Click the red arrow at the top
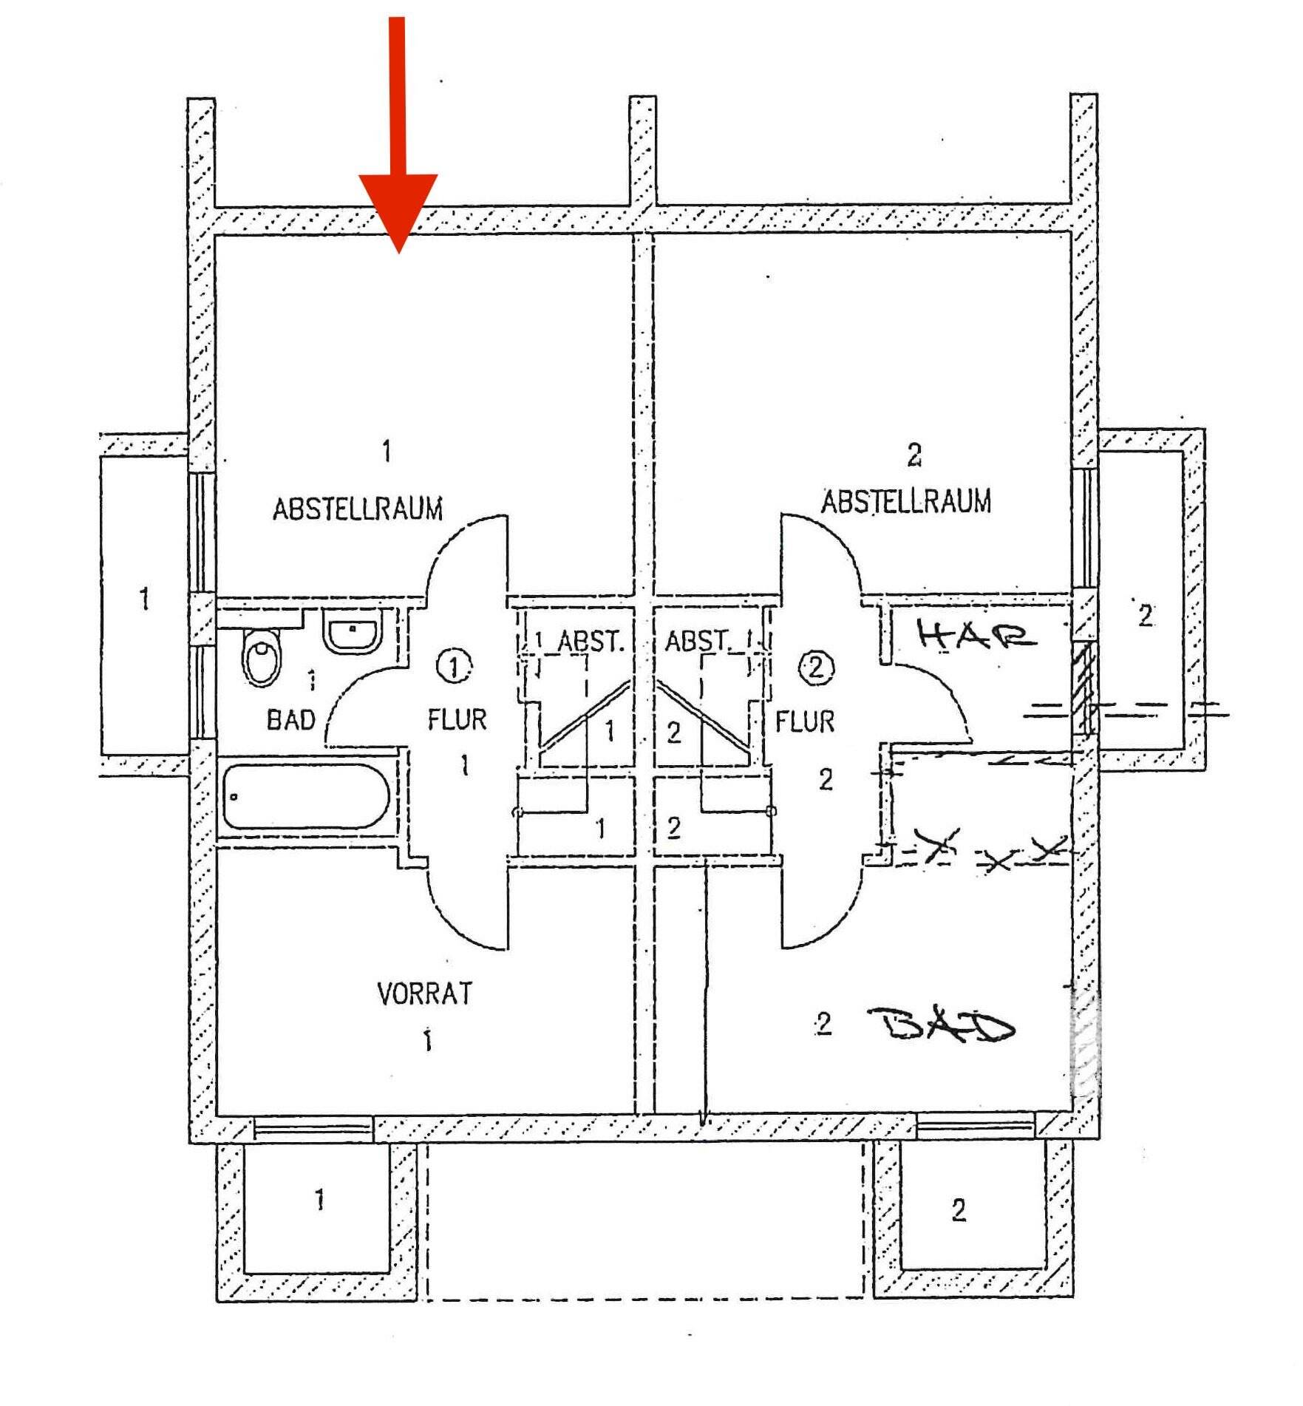coord(398,148)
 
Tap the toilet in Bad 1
coord(262,657)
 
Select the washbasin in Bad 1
coord(353,631)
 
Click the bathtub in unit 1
coord(305,797)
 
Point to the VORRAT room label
coord(424,994)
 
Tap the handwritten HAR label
coord(975,634)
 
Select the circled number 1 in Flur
coord(452,666)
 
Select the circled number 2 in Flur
coord(816,668)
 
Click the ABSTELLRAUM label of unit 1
coord(358,509)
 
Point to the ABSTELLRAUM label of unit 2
coord(906,502)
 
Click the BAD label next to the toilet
coord(290,719)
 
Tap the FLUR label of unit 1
coord(457,719)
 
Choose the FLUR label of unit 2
coord(805,721)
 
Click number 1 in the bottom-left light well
coord(319,1200)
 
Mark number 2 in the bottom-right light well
coord(959,1210)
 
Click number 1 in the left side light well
coord(145,598)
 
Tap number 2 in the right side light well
coord(1145,615)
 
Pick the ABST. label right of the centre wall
coord(698,641)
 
